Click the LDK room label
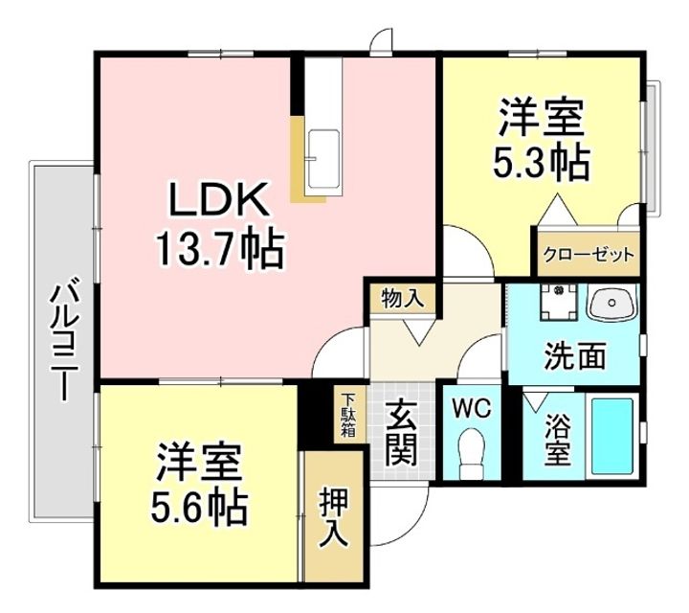click(219, 199)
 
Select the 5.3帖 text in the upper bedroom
click(541, 163)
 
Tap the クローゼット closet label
click(589, 255)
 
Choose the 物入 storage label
click(403, 299)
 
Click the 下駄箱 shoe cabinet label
click(349, 415)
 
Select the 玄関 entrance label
click(401, 433)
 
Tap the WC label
click(472, 409)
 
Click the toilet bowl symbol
click(471, 453)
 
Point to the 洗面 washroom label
click(575, 355)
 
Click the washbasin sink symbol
click(612, 303)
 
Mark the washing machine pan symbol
click(559, 303)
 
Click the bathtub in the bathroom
click(612, 436)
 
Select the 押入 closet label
click(335, 517)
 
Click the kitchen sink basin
click(323, 159)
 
